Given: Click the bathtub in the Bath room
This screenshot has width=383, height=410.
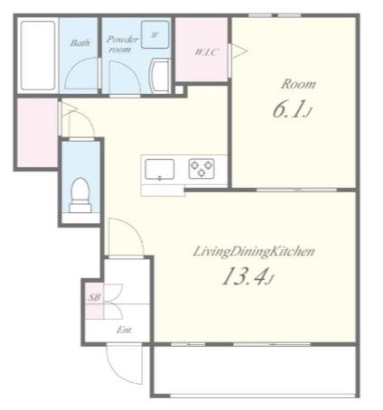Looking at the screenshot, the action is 38,55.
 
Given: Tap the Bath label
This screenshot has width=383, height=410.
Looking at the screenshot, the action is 79,43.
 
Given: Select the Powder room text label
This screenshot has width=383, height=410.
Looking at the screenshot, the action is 122,44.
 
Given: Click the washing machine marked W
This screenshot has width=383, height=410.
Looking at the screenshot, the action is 154,34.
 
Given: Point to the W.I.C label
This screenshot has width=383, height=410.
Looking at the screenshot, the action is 206,52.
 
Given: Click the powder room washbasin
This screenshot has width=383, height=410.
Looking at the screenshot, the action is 160,75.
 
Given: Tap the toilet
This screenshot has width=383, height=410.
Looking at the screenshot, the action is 80,195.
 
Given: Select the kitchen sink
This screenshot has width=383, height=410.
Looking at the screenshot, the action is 160,170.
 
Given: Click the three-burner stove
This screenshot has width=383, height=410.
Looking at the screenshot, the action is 201,169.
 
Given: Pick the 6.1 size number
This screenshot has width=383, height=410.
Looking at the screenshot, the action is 292,109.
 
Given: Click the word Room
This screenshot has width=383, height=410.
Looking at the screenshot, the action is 298,84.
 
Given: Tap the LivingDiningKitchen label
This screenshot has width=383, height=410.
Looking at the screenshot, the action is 254,252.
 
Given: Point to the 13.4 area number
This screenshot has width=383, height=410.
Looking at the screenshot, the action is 248,277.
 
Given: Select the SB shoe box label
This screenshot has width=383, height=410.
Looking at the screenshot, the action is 94,298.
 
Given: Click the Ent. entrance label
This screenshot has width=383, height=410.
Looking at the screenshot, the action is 125,330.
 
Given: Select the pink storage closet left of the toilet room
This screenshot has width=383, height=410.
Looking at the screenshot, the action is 37,133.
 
